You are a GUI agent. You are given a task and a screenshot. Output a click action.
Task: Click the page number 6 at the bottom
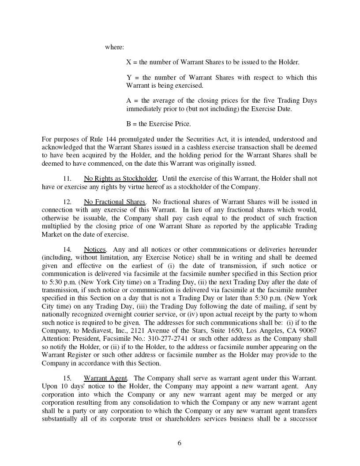pos(179,443)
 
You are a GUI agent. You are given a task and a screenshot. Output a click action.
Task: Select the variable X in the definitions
pos(129,62)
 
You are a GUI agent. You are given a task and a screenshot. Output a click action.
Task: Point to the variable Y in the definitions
pos(129,78)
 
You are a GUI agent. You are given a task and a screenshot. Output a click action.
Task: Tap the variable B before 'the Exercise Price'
pos(129,124)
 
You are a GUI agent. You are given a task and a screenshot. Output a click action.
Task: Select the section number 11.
pos(67,179)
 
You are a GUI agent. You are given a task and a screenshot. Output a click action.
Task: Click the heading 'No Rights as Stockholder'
pos(120,179)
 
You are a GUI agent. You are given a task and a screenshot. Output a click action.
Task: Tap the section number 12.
pos(67,202)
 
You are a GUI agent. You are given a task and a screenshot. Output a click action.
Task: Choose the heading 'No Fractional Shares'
pos(114,202)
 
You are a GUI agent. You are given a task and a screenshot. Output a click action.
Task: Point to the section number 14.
pos(67,250)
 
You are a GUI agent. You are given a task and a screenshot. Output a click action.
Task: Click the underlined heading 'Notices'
pos(95,250)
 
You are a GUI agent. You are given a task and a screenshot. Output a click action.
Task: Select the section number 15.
pos(67,378)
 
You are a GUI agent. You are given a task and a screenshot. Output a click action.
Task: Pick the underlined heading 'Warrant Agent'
pos(105,378)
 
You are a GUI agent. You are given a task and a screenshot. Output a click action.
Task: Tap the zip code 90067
pos(307,331)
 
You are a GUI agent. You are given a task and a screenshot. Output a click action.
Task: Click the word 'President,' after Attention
pos(87,339)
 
